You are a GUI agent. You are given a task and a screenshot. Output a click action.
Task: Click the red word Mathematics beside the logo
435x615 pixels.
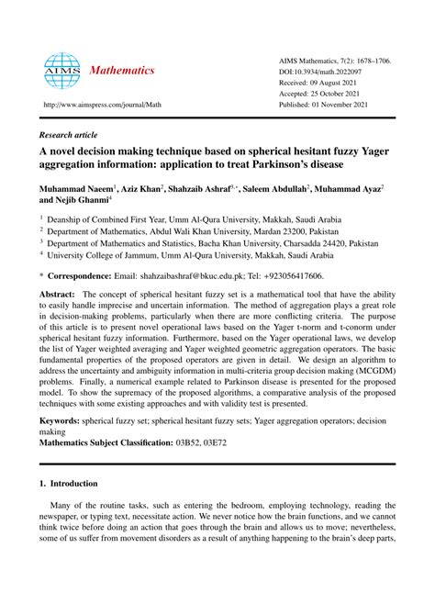pyautogui.click(x=125, y=71)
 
